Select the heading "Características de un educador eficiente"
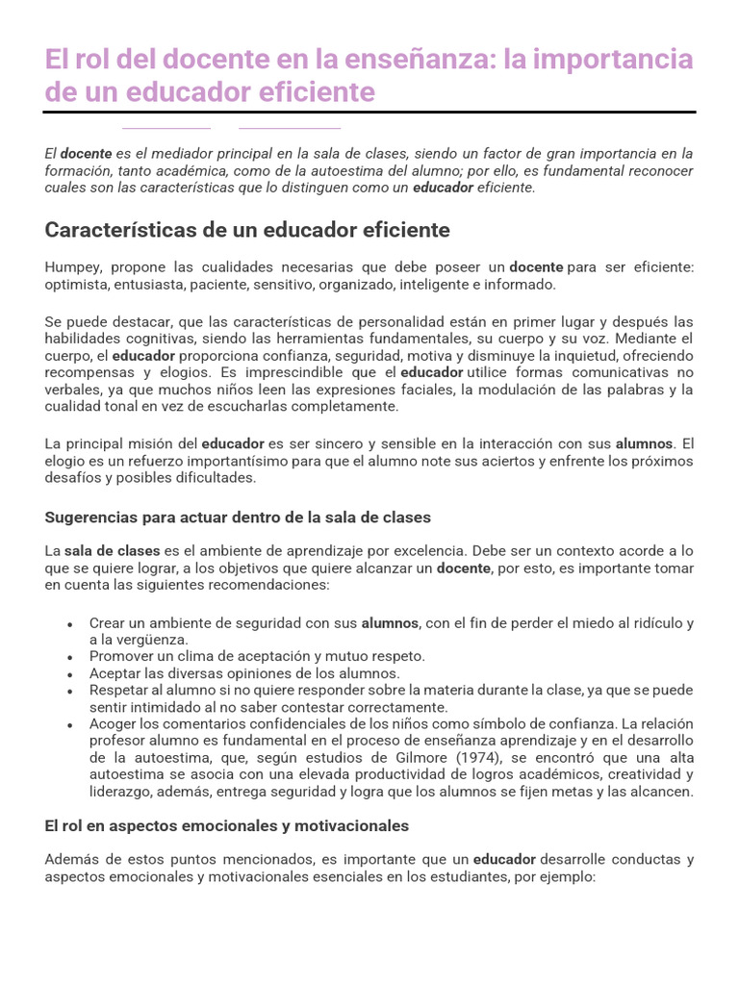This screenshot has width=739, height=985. click(247, 231)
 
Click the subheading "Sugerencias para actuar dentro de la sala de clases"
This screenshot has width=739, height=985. click(238, 518)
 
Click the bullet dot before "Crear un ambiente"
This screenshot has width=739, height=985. click(70, 624)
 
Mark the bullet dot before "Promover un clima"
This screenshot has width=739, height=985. click(70, 657)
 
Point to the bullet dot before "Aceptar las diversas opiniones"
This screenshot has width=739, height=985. click(70, 674)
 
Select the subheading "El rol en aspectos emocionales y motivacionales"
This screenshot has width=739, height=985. click(227, 826)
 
